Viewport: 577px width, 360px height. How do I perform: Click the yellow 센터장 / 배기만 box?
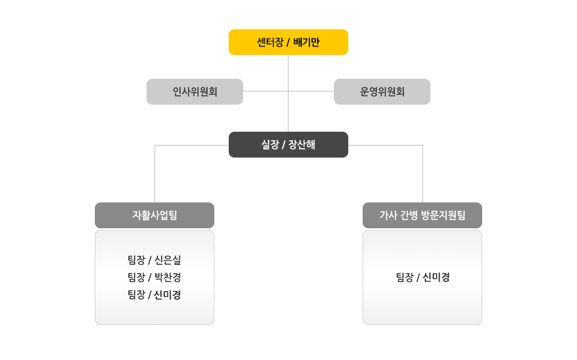pos(288,42)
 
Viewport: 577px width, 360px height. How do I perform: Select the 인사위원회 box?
pos(194,91)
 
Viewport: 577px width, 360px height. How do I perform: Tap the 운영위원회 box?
pos(382,91)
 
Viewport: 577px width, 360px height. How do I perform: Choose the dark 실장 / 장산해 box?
pos(288,144)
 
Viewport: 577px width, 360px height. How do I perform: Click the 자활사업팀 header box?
pos(154,215)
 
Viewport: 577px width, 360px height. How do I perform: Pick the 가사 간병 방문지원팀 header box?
pos(422,215)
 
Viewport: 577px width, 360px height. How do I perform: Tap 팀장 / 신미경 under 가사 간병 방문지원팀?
pos(422,277)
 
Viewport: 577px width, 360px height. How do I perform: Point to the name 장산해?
pos(302,144)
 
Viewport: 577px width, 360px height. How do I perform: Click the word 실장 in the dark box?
pos(270,144)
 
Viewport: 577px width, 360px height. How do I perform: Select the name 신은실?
pos(168,260)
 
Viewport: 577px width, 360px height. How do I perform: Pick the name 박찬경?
pos(168,277)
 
